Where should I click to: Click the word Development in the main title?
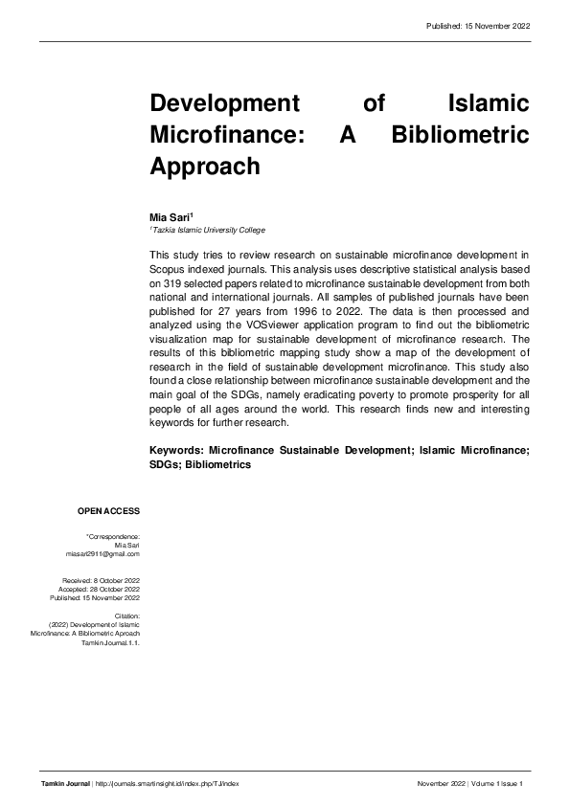tap(219, 102)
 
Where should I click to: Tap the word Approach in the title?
tap(205, 166)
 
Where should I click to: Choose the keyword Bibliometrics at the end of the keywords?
tap(218, 464)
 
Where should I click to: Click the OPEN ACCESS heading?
tap(109, 511)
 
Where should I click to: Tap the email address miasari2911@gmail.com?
tap(103, 553)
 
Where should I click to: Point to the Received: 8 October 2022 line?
tap(101, 580)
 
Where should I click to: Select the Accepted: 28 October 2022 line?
tap(101, 589)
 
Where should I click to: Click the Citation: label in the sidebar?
tap(127, 616)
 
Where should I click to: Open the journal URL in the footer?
tap(167, 783)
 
